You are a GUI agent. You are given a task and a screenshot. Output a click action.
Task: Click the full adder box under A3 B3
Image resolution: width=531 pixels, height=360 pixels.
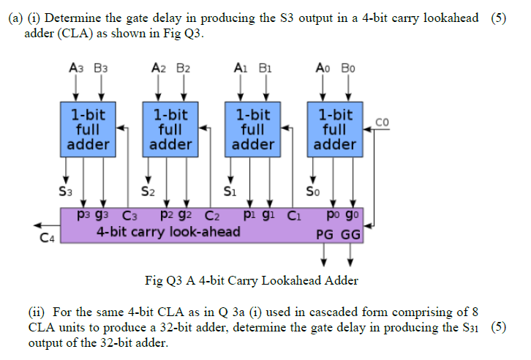(x=88, y=130)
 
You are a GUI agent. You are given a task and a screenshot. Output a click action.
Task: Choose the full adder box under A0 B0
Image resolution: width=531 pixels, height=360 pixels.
(x=335, y=130)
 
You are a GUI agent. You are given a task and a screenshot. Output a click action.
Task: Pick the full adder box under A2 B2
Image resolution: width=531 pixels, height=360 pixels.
(x=170, y=130)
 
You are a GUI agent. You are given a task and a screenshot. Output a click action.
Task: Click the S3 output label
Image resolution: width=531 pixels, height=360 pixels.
(x=65, y=192)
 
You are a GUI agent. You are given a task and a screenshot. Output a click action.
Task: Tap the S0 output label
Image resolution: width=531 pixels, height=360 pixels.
(x=312, y=192)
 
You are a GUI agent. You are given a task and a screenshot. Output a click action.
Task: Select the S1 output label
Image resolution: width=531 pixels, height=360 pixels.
(x=229, y=192)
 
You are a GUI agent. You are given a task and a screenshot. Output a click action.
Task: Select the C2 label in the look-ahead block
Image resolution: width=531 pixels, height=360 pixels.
(x=212, y=217)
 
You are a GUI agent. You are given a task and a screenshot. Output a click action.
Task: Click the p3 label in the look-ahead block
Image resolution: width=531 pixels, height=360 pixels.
(x=85, y=217)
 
